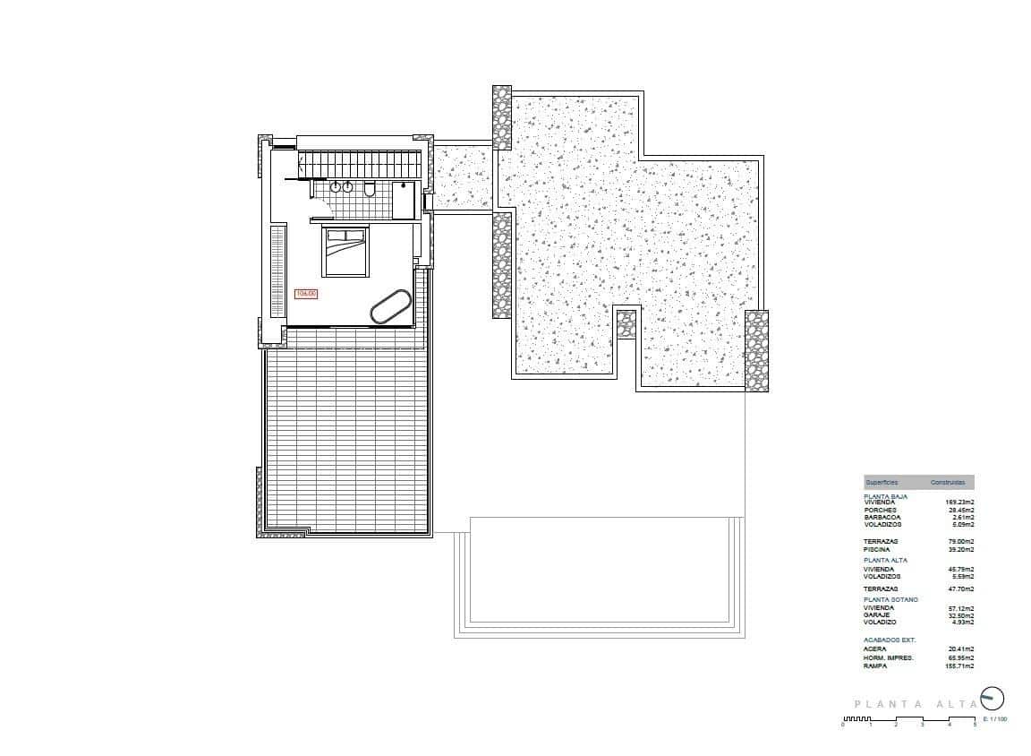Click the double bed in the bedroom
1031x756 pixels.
tap(345, 252)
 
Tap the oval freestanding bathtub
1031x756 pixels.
tap(391, 306)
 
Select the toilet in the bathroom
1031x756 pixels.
tap(370, 188)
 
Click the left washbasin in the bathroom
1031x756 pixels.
tap(335, 187)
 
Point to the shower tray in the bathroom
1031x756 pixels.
tap(404, 200)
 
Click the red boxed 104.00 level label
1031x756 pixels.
tap(306, 293)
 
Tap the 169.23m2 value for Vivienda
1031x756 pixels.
tap(959, 503)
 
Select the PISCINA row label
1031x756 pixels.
tap(876, 549)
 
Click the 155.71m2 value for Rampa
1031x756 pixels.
tap(959, 666)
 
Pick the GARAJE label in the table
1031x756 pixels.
tap(877, 614)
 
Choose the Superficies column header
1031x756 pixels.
tap(881, 482)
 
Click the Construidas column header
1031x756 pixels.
tap(947, 482)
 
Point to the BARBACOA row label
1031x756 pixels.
tap(882, 517)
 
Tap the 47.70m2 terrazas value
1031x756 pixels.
tap(959, 588)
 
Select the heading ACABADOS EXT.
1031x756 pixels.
tap(890, 640)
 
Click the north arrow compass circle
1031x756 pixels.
tap(993, 698)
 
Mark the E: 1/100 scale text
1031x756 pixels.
tap(994, 719)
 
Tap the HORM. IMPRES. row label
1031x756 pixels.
tap(888, 658)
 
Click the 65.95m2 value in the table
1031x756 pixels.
tap(959, 658)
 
